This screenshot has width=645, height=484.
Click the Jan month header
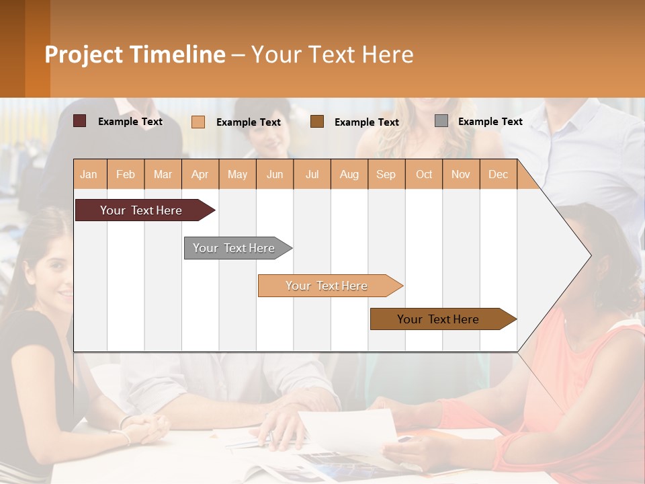coord(89,174)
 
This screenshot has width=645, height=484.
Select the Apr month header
coord(200,174)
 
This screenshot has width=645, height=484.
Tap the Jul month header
coord(312,174)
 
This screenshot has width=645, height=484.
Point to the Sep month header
coord(386,174)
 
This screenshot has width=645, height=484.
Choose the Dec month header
coord(498,174)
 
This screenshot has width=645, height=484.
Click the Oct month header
coord(424,174)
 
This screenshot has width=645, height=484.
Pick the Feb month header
coord(126,174)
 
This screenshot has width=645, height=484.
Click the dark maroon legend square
coord(79,121)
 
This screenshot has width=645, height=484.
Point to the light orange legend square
coord(198,122)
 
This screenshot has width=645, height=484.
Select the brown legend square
coord(317,121)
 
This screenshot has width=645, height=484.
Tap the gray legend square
coord(441,121)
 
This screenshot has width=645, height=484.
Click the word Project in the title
coord(83,54)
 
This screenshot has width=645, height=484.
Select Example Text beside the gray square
coord(490,122)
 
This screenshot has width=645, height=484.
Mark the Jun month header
coord(275,174)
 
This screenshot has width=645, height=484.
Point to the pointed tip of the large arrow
coord(589,255)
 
